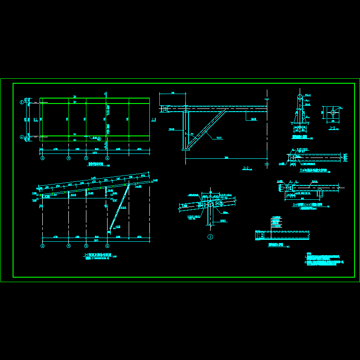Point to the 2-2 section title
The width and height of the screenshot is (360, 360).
[246, 168]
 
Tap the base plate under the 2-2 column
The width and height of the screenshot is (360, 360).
[185, 150]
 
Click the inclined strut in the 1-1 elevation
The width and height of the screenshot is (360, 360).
[119, 207]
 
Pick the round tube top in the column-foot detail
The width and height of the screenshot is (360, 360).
[300, 97]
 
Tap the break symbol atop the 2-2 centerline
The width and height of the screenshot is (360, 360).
[267, 99]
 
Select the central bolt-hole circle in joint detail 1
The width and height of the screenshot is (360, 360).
[210, 204]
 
